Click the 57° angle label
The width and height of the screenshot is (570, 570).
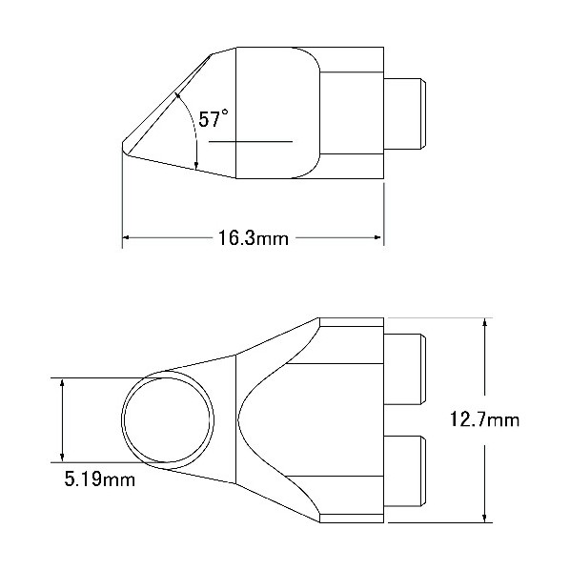pos(214,119)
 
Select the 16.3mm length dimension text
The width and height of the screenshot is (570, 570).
pos(254,238)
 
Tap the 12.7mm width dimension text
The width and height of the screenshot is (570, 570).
pos(485,419)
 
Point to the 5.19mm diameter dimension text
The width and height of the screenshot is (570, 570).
pos(99,479)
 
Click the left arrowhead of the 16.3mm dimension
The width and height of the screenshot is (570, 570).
pos(126,237)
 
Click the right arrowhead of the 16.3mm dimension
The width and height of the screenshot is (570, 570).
pos(377,237)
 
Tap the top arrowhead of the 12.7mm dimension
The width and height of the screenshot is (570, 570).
pos(484,322)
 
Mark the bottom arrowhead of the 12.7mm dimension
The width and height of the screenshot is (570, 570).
pos(484,519)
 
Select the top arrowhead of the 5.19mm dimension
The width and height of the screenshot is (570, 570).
pos(63,382)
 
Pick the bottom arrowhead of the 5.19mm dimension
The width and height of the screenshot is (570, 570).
pos(63,458)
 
